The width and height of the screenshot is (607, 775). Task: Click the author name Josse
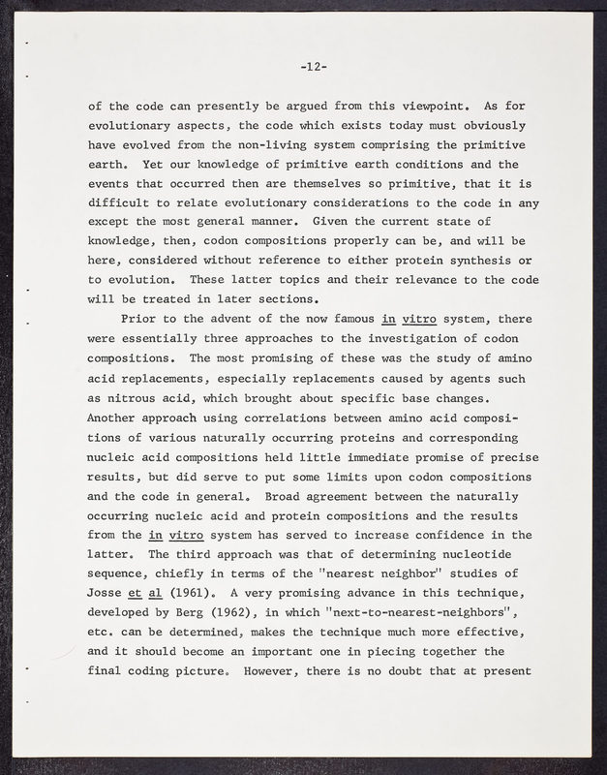107,591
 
